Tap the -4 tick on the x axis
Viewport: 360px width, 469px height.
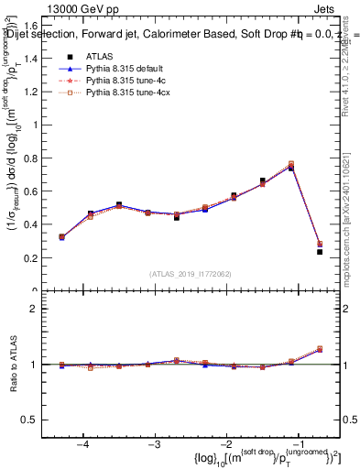click(x=83, y=442)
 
